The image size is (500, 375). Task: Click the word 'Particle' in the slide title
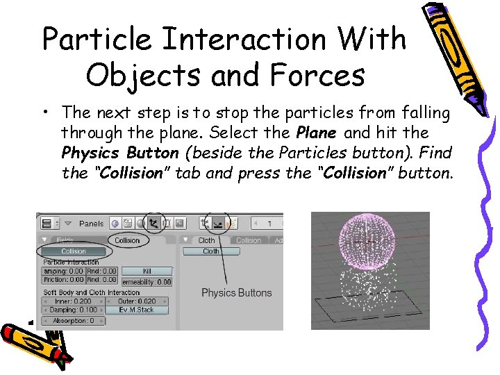pos(96,39)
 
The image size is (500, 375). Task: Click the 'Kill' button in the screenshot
pos(147,271)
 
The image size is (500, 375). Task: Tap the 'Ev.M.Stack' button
pos(137,310)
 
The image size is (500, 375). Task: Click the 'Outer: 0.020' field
pos(137,301)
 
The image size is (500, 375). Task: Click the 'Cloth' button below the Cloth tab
pos(211,251)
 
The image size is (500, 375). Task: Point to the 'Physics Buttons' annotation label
pos(236,292)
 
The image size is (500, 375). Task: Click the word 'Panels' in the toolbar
pos(91,224)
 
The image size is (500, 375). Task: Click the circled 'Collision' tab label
pos(127,240)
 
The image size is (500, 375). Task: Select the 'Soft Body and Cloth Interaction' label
pos(91,292)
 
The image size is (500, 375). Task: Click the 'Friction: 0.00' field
pos(63,279)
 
